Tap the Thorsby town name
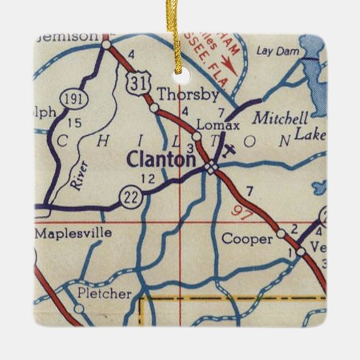point(179,94)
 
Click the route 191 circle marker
point(71,99)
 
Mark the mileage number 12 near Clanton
point(148,179)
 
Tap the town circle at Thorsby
point(154,107)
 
